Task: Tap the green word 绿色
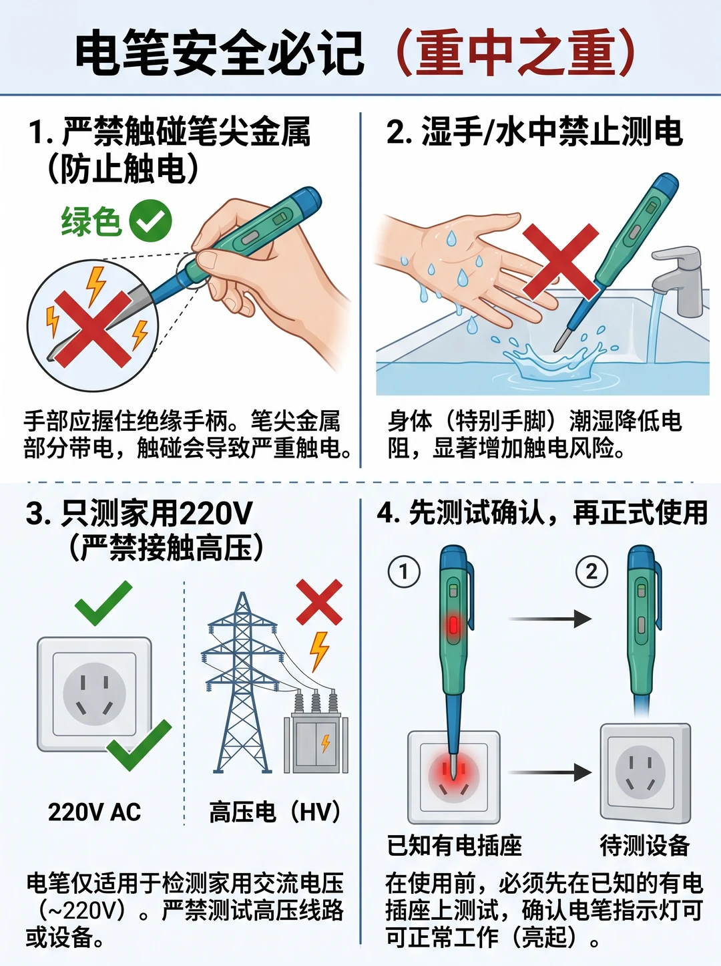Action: click(91, 221)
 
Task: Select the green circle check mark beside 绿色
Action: click(150, 220)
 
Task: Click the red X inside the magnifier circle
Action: click(93, 329)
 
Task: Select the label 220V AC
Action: click(95, 812)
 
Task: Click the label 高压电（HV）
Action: click(275, 812)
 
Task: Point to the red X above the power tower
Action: click(319, 602)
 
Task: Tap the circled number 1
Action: click(404, 572)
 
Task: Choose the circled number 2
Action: click(591, 572)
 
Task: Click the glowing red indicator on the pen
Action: click(453, 624)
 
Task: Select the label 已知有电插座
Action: click(455, 845)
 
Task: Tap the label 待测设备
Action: click(645, 845)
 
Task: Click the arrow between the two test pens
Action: click(550, 619)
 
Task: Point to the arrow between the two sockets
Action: click(549, 772)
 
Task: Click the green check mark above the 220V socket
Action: click(103, 603)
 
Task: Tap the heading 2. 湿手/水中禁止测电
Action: click(535, 131)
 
